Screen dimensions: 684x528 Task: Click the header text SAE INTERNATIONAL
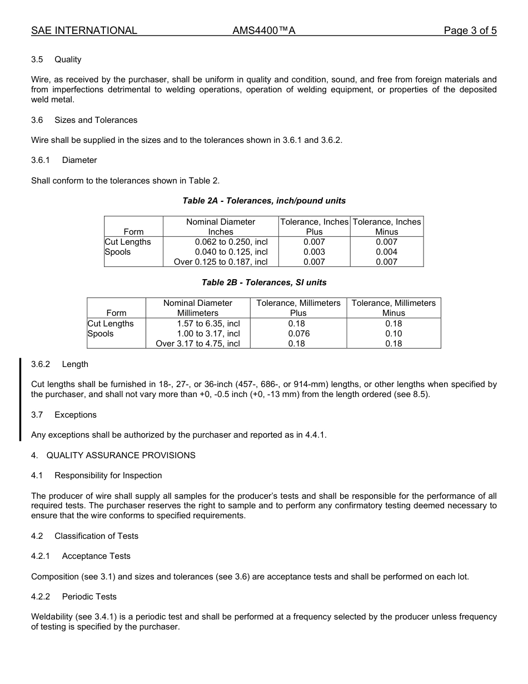[84, 31]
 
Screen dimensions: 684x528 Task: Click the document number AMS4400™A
[263, 31]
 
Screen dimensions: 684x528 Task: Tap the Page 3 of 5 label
[470, 31]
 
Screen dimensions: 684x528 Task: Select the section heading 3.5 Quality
[56, 60]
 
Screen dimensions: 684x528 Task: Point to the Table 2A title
[264, 201]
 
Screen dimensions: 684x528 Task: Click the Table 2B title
[264, 282]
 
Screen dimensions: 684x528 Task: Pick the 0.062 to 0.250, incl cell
[231, 242]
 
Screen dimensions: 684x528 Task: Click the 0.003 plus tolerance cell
[314, 252]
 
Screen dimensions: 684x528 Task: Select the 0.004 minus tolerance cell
[386, 252]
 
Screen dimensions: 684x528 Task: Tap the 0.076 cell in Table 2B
[298, 334]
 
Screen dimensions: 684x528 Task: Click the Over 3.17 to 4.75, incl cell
[198, 344]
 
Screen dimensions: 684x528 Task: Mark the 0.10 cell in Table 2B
[393, 334]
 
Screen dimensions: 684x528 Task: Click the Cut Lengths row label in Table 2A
[128, 242]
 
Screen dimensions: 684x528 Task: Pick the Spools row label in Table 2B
[101, 334]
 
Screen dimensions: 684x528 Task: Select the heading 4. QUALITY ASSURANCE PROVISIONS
[113, 455]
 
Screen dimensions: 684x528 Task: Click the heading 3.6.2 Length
[59, 364]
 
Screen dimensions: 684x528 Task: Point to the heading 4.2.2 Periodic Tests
[74, 597]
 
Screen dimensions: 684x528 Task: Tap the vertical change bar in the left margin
[20, 399]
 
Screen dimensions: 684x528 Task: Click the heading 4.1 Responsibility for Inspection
[97, 475]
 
